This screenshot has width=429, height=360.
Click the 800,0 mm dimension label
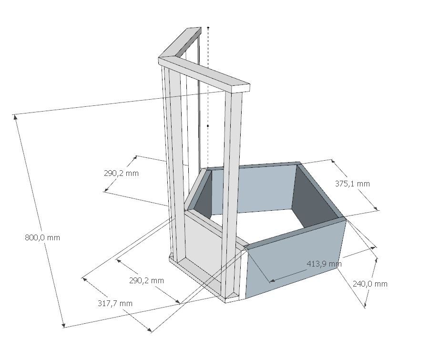point(42,237)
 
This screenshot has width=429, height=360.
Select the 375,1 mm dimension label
point(352,184)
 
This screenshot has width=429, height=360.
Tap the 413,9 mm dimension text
point(324,264)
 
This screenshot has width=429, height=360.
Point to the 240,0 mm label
point(370,284)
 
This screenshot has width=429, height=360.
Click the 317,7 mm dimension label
point(115,303)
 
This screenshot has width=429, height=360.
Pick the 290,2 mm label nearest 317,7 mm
point(147,280)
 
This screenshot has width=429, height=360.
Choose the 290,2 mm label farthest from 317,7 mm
point(121,173)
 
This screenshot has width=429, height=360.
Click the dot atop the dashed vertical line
point(208,28)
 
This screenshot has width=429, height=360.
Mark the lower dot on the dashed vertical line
point(208,126)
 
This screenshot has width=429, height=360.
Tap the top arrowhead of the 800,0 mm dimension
point(15,117)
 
